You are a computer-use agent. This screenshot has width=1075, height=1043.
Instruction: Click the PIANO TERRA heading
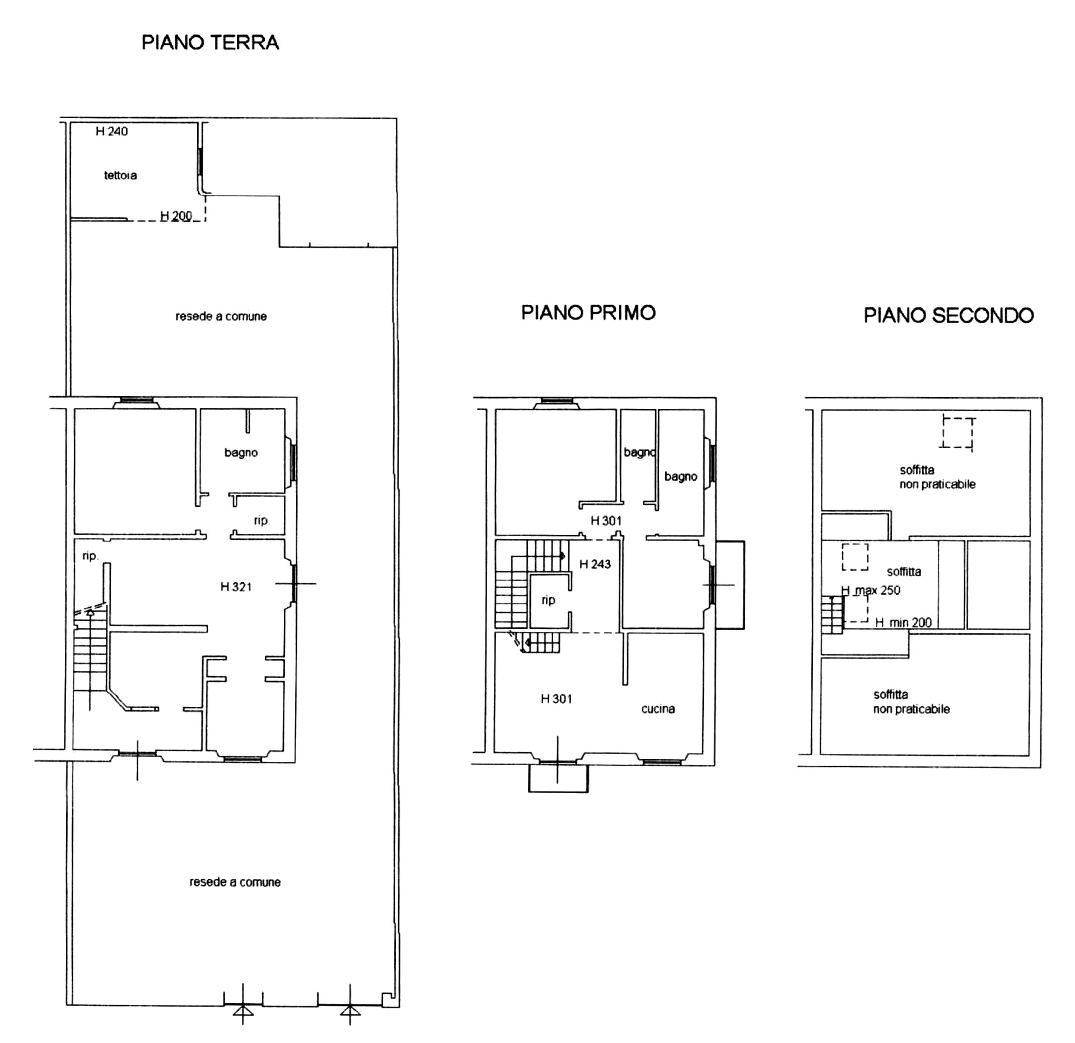(x=210, y=43)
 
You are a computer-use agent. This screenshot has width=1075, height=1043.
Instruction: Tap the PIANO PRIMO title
(x=588, y=313)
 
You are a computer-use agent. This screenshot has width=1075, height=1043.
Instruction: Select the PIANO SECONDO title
(x=948, y=315)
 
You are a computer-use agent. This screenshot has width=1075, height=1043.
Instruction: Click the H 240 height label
(x=111, y=131)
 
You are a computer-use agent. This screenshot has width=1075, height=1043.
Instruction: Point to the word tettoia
(x=120, y=175)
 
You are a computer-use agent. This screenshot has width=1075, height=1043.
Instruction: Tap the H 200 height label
(x=176, y=216)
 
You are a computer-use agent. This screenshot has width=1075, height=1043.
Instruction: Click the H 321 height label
(x=236, y=586)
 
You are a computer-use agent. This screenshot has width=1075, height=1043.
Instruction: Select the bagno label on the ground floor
(x=241, y=453)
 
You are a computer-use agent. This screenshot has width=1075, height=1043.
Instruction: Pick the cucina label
(x=658, y=709)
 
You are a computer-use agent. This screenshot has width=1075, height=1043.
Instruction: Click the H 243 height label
(x=595, y=564)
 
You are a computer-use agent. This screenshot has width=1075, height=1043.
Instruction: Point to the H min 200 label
(x=903, y=622)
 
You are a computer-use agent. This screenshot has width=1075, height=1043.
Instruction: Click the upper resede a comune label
(x=221, y=316)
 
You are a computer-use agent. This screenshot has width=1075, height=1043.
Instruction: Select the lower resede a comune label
(x=235, y=882)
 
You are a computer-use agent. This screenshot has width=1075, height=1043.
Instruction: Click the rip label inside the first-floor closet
(x=548, y=600)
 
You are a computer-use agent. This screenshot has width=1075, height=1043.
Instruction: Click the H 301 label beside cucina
(x=556, y=699)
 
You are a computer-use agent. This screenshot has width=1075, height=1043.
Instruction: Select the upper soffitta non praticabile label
(x=937, y=477)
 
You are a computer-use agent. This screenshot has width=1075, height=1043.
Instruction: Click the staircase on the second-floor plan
(x=832, y=615)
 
